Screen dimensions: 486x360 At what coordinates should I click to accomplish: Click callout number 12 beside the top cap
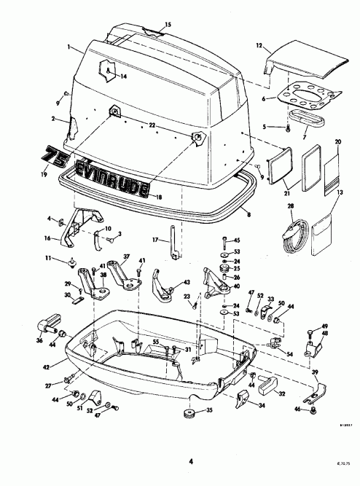click(259, 45)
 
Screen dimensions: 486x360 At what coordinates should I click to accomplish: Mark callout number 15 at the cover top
click(168, 25)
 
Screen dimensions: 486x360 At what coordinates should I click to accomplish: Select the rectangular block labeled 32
click(265, 382)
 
